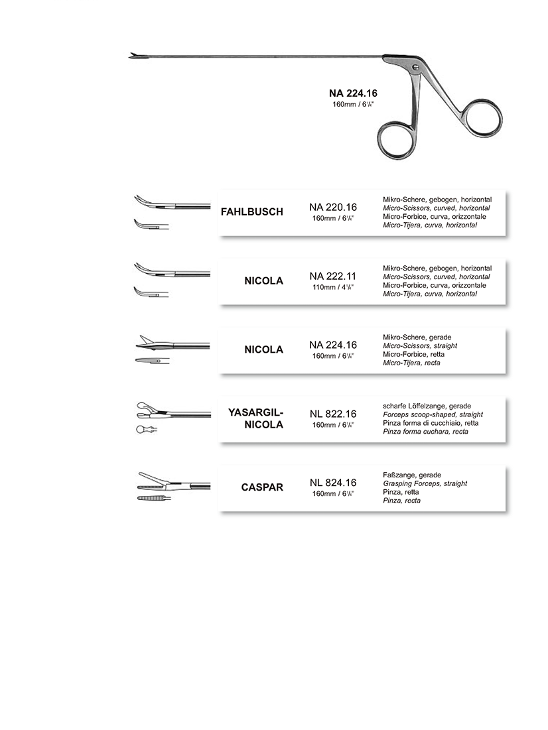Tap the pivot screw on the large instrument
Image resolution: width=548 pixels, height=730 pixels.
pyautogui.click(x=415, y=66)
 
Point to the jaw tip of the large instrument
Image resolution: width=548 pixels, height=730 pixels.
pyautogui.click(x=132, y=55)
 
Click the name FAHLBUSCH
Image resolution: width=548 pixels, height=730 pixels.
pyautogui.click(x=251, y=212)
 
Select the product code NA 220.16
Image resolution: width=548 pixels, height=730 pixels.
pyautogui.click(x=333, y=207)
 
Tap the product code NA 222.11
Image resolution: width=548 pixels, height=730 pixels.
pyautogui.click(x=333, y=276)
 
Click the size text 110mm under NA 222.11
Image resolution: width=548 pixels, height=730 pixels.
pyautogui.click(x=333, y=287)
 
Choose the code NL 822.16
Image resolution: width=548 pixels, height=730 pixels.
pyautogui.click(x=333, y=414)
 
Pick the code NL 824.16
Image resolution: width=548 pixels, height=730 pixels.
pyautogui.click(x=333, y=483)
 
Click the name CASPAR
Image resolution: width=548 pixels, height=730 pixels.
pyautogui.click(x=262, y=487)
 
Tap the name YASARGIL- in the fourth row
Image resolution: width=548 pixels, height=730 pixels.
pyautogui.click(x=255, y=412)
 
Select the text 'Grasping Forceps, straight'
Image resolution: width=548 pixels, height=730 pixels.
pyautogui.click(x=425, y=484)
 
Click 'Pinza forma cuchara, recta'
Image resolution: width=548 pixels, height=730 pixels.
pyautogui.click(x=425, y=432)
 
